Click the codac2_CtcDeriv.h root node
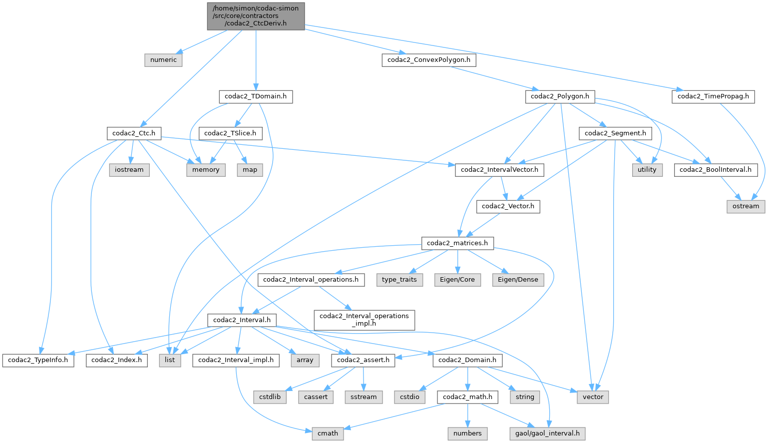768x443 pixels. pos(256,16)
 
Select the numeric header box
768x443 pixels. pos(163,60)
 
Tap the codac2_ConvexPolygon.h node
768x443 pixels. pos(429,60)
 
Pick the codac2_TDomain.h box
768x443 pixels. pos(256,96)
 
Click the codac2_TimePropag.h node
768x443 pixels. pos(713,96)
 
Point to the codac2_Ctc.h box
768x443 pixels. pos(134,133)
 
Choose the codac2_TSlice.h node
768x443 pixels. pos(230,133)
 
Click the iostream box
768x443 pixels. pos(129,170)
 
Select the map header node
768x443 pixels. pos(250,170)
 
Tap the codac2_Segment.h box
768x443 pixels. pos(615,133)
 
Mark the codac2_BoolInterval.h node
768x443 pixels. pos(716,170)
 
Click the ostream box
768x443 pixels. pos(746,206)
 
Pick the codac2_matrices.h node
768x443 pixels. pos(457,243)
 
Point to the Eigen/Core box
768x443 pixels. pos(457,280)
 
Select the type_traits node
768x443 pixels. pos(399,280)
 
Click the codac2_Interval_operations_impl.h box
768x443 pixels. pos(364,320)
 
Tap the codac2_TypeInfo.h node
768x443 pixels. pos(38,360)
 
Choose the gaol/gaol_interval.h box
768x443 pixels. pos(547,434)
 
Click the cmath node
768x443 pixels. pos(328,434)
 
